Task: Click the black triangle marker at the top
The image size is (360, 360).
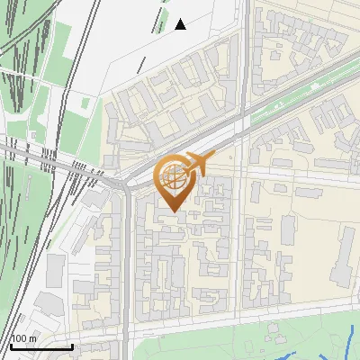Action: (x=180, y=24)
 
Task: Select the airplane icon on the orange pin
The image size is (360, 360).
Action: (x=197, y=165)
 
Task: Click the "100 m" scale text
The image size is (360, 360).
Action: (x=23, y=338)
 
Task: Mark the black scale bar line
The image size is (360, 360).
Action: (x=41, y=346)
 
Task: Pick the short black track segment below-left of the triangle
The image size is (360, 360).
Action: (x=141, y=65)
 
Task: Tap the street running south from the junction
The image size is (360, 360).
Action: (x=126, y=261)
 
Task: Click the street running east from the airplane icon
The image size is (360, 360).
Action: (x=288, y=171)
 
